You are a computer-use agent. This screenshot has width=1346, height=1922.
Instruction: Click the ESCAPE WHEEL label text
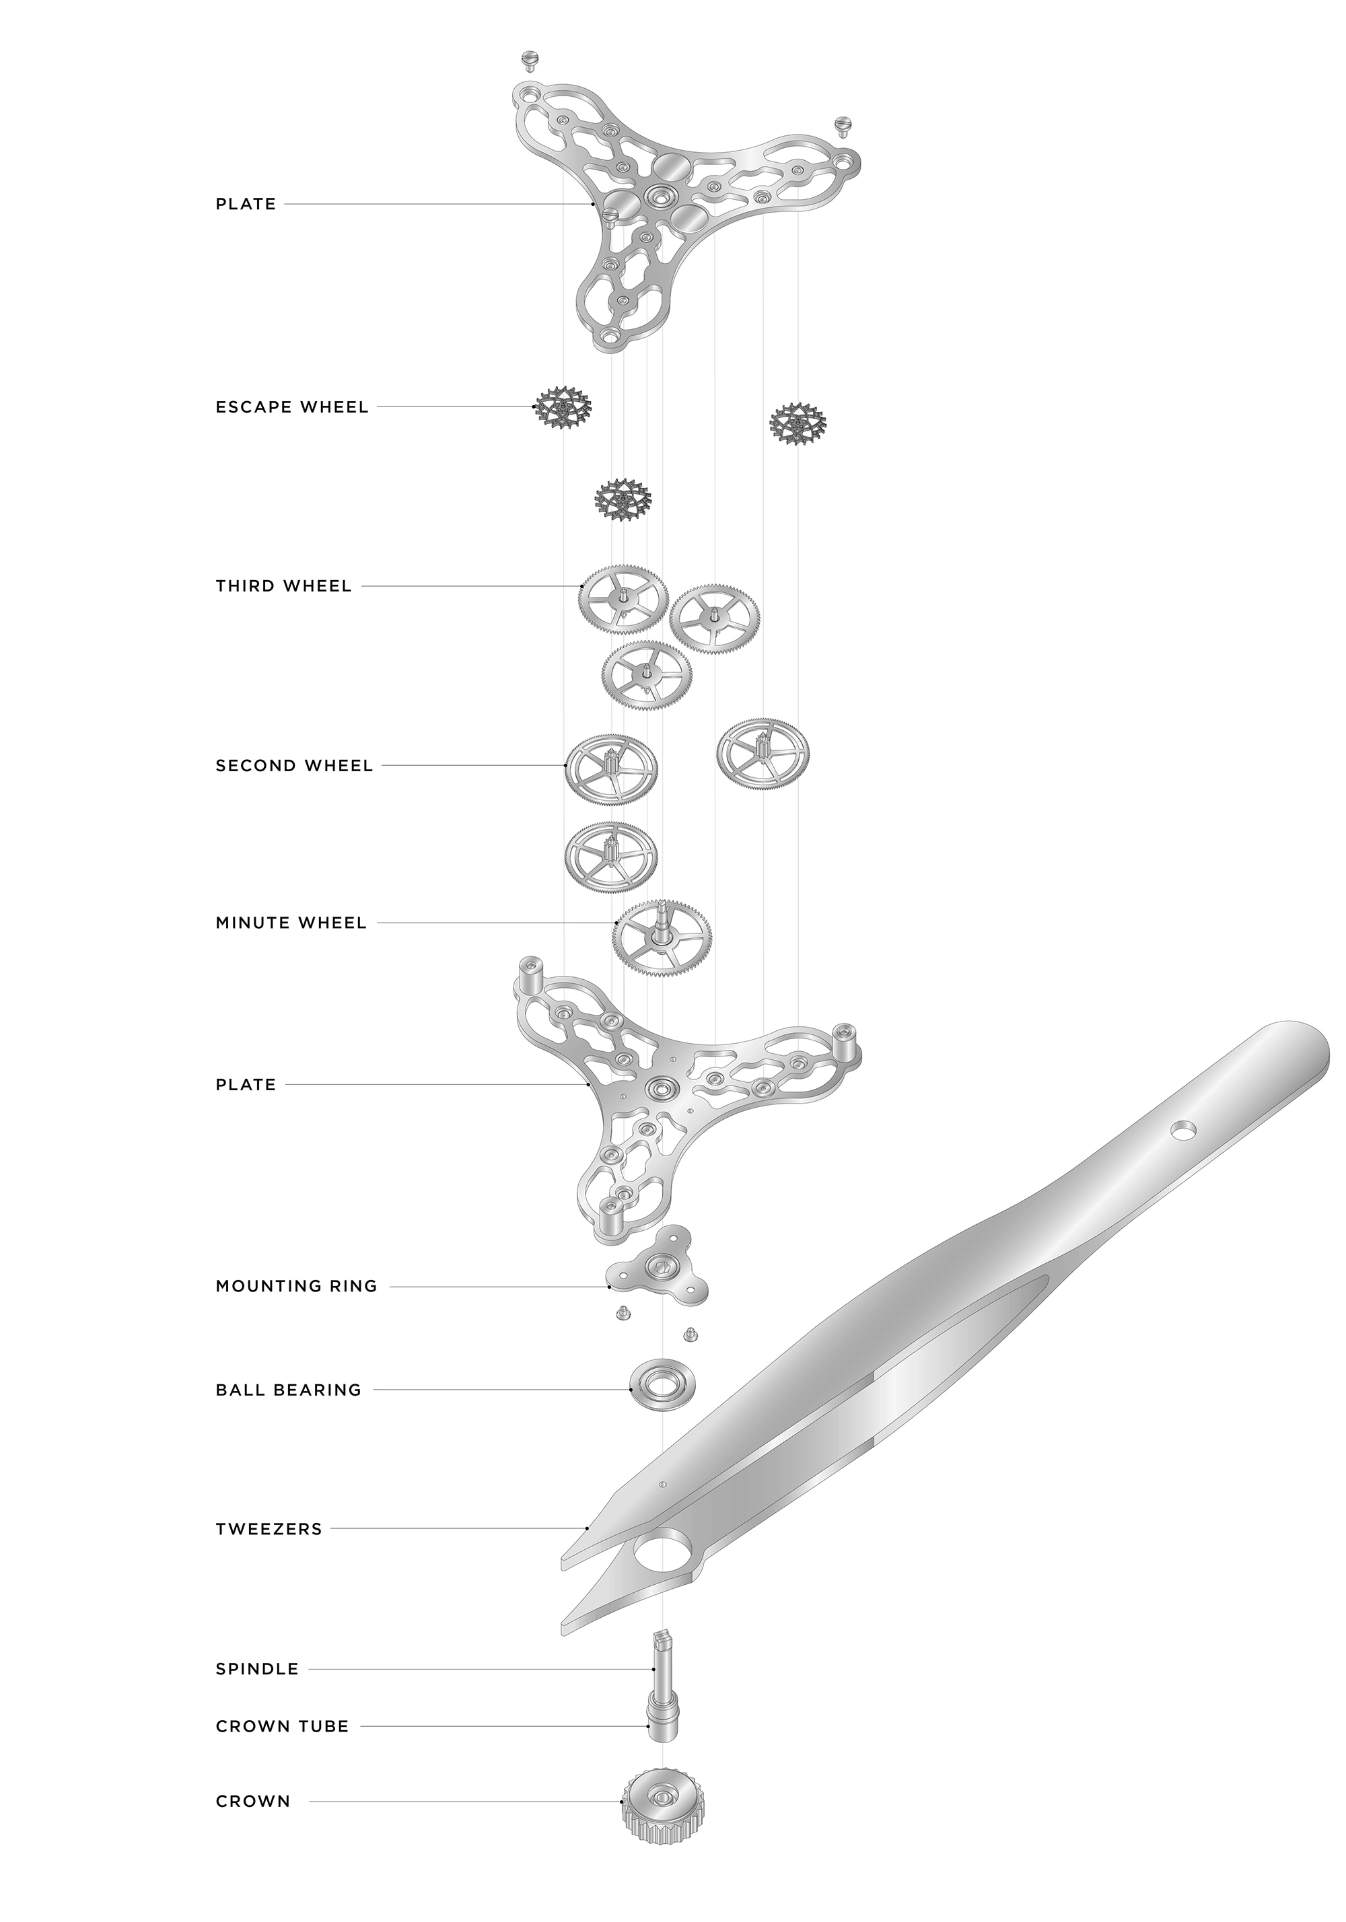click(292, 408)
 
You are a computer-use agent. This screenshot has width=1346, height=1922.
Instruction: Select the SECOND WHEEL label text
click(295, 765)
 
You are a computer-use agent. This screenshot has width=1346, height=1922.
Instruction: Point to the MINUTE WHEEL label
click(291, 923)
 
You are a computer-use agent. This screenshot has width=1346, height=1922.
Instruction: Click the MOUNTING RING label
click(296, 1286)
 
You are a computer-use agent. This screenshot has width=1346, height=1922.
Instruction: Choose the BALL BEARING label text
click(289, 1390)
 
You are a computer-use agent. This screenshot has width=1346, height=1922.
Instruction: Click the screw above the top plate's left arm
click(529, 61)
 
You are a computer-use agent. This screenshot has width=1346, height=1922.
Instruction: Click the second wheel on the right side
click(763, 754)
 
